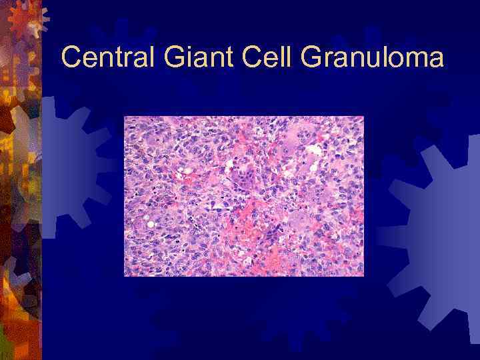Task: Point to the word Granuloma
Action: [372, 58]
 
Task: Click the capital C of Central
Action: [71, 58]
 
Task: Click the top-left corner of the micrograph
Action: [125, 117]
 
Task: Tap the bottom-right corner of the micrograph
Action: [363, 275]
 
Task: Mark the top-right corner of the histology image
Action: [363, 117]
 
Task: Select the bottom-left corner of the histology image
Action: [125, 275]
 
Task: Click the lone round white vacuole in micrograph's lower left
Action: [151, 224]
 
